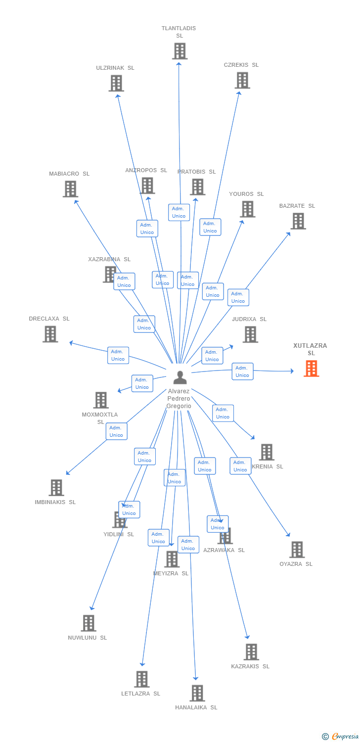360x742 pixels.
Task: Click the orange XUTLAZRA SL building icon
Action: click(312, 369)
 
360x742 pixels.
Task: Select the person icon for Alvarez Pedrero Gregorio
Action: click(180, 377)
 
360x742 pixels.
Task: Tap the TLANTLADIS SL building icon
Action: click(180, 51)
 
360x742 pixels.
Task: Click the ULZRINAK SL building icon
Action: click(116, 83)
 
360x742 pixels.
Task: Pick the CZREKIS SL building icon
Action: click(242, 80)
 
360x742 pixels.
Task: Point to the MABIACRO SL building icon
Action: click(70, 189)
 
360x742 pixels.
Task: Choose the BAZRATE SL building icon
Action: click(298, 221)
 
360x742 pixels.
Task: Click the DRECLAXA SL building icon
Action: click(50, 334)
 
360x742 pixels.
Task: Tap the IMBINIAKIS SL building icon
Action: click(56, 488)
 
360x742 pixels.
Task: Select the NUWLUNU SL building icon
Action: click(89, 623)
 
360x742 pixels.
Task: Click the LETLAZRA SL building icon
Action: click(142, 679)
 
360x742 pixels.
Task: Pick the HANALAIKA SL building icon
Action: click(197, 693)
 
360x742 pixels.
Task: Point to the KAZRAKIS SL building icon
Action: click(251, 652)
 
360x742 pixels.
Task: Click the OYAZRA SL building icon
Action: click(297, 550)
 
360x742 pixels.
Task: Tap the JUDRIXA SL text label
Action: click(249, 319)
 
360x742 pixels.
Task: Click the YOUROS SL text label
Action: click(246, 194)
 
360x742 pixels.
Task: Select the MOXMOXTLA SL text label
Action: click(100, 418)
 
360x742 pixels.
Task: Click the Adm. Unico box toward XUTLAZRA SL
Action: click(242, 371)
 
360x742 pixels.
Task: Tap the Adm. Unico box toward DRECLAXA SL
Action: click(118, 355)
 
